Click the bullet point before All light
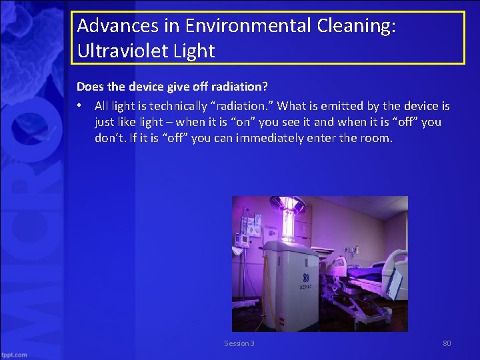(x=79, y=106)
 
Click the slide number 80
(x=447, y=343)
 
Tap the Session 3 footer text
(x=239, y=343)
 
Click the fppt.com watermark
(x=15, y=355)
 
